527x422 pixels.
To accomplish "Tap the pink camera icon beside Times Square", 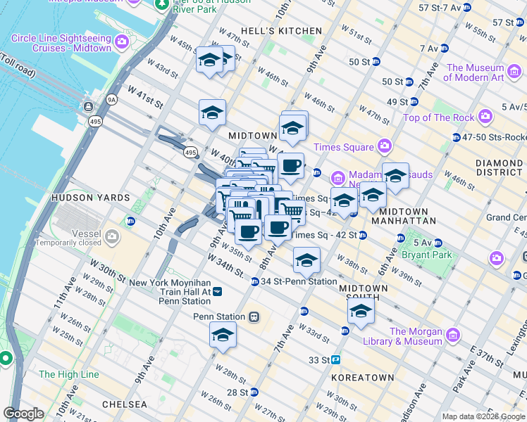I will [x=384, y=146].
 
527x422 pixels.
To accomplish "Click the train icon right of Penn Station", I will [x=253, y=317].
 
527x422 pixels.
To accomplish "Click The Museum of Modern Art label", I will [x=476, y=72].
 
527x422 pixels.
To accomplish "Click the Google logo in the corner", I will [x=24, y=414].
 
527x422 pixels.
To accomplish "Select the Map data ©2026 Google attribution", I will [x=483, y=416].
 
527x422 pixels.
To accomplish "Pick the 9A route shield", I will [x=111, y=101].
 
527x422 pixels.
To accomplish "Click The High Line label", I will [x=69, y=375].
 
